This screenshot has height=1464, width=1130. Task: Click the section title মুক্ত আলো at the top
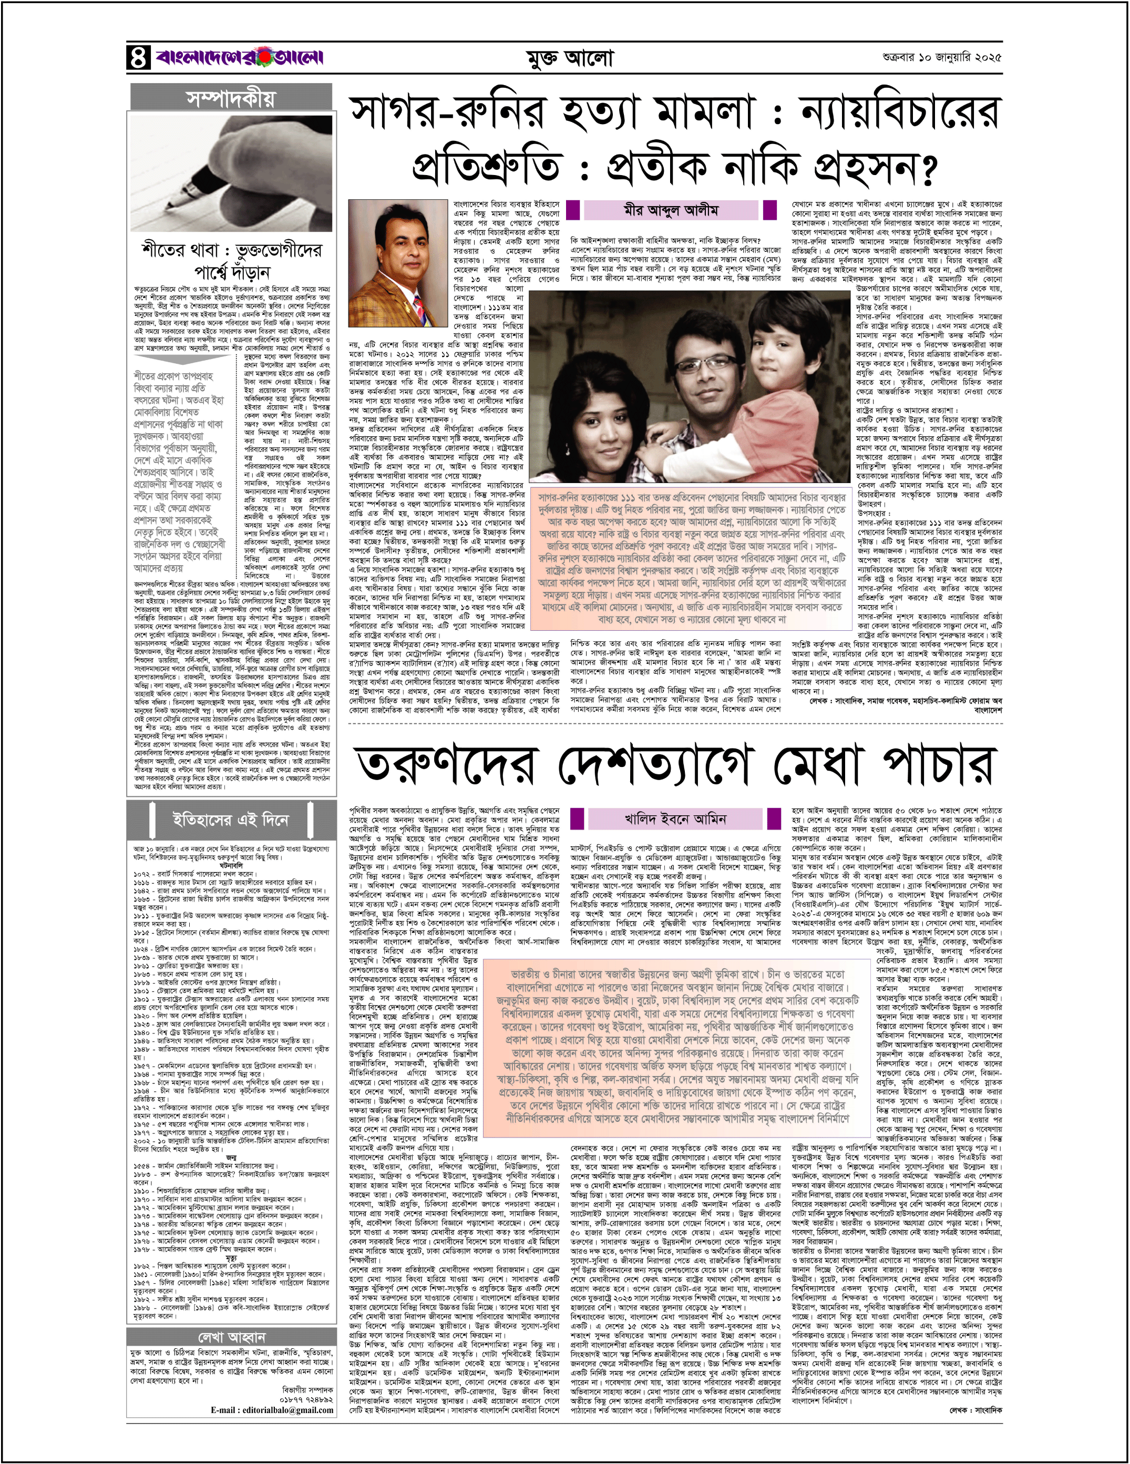tap(568, 59)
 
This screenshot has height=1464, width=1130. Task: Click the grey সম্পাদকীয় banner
tap(231, 98)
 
